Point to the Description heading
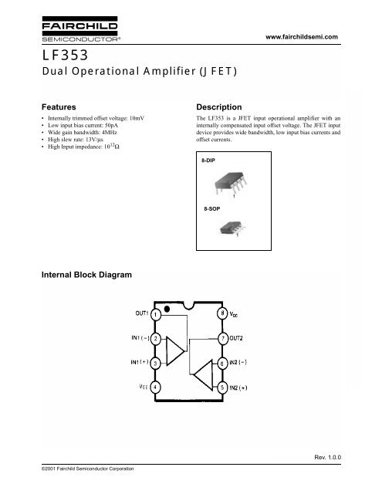pyautogui.click(x=220, y=107)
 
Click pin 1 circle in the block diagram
pyautogui.click(x=155, y=314)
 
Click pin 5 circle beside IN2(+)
pyautogui.click(x=223, y=386)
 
